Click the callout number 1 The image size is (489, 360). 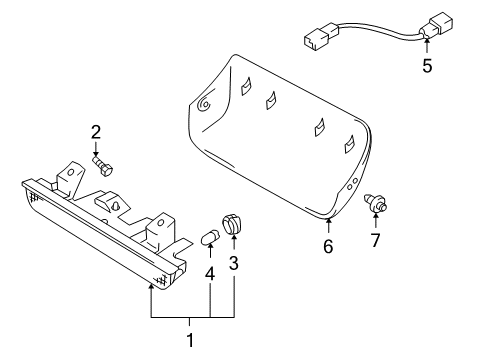[x=191, y=340]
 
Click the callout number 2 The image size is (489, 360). [x=96, y=131]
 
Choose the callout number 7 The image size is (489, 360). [x=377, y=242]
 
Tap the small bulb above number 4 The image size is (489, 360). [x=211, y=239]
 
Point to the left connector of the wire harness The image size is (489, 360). [x=315, y=40]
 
